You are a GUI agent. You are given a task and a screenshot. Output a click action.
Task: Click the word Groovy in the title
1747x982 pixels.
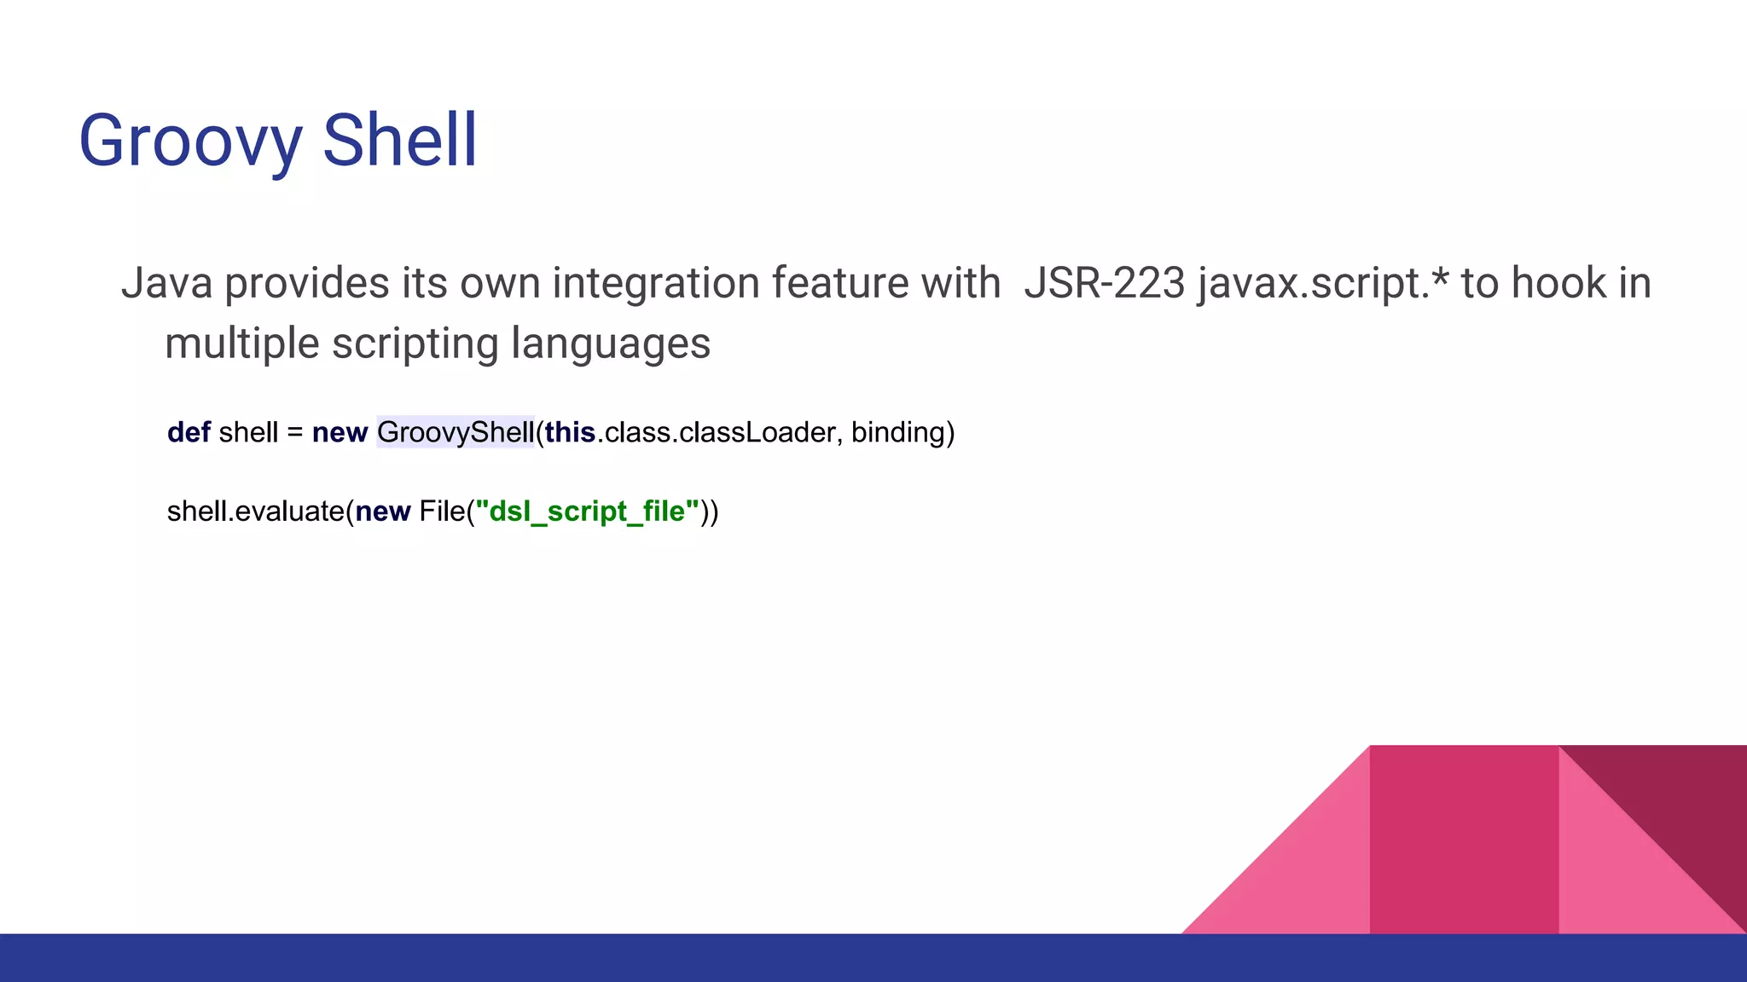[x=189, y=142]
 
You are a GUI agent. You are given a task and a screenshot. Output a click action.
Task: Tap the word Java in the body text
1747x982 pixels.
[x=166, y=283]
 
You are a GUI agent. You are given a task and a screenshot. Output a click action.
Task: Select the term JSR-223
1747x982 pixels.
[x=1104, y=283]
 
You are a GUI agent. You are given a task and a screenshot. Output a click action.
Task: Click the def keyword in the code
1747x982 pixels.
[x=189, y=432]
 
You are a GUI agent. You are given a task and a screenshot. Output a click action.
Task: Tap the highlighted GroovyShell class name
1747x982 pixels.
[x=456, y=432]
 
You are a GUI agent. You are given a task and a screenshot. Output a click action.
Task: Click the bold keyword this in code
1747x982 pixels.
[x=570, y=432]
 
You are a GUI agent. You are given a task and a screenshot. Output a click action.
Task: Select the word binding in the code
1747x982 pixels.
[x=898, y=432]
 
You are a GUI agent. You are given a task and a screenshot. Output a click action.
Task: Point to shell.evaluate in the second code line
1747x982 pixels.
[x=255, y=511]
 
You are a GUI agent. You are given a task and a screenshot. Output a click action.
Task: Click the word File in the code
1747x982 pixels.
[x=442, y=511]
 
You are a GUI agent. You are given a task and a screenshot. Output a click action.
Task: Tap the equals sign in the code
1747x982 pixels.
[x=295, y=433]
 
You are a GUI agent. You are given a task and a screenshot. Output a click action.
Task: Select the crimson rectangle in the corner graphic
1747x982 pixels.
[x=1464, y=840]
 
